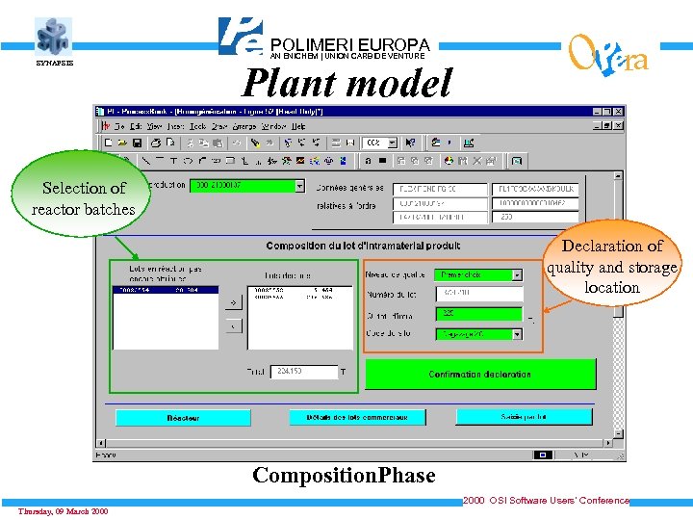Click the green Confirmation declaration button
tap(479, 374)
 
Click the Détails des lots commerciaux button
tap(357, 417)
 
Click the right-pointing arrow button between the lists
tap(233, 301)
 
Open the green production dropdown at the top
tap(299, 186)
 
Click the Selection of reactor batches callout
tap(83, 198)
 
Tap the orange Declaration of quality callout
tap(611, 267)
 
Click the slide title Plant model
tap(346, 85)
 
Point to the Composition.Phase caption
tap(344, 475)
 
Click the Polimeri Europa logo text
tap(349, 45)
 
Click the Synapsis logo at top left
tap(54, 38)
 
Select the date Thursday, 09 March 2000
tap(63, 510)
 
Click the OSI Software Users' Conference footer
tap(546, 501)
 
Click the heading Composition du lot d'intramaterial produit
tap(364, 247)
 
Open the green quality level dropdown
tap(517, 274)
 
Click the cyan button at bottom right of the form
tap(524, 417)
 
